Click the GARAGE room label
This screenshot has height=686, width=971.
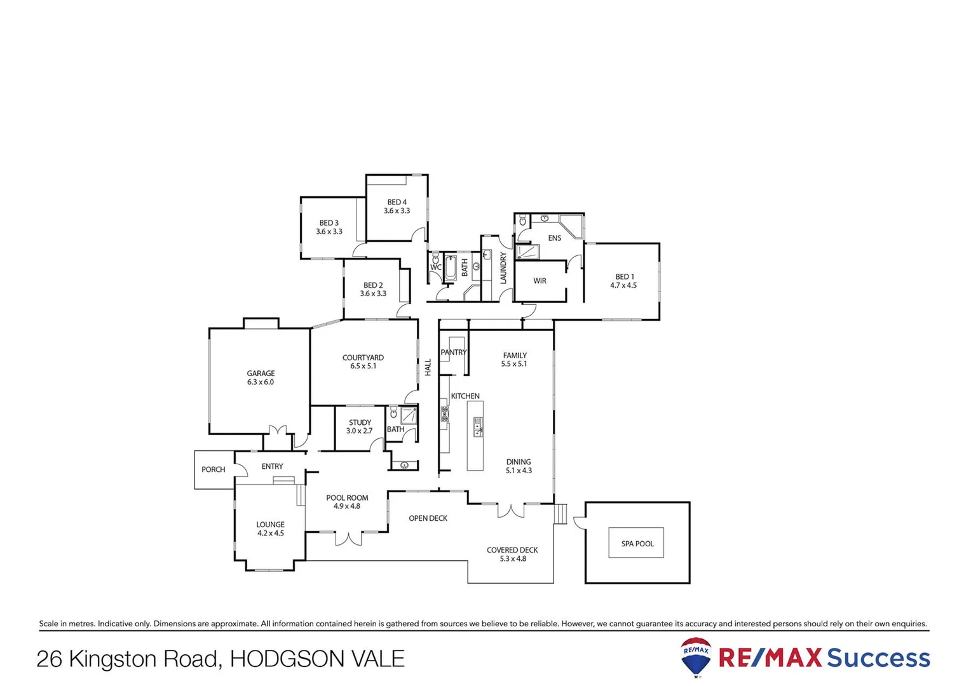(261, 373)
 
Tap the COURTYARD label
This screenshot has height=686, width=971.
(363, 358)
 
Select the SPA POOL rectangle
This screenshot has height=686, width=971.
(636, 543)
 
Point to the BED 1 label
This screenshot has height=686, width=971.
(624, 277)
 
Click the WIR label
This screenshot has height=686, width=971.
(540, 281)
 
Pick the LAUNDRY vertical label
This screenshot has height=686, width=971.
(503, 268)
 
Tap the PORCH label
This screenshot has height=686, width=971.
(214, 469)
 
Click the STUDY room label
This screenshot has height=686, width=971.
(360, 422)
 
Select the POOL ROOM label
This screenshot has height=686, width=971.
(347, 498)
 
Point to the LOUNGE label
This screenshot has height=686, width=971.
(270, 525)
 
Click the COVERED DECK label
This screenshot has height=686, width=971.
(512, 550)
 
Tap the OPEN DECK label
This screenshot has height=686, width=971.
(428, 518)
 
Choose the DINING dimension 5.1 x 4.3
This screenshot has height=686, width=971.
(519, 471)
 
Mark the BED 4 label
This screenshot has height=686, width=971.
(397, 203)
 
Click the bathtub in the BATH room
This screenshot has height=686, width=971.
(450, 268)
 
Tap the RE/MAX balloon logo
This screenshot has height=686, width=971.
(696, 657)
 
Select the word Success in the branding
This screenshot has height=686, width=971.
(878, 658)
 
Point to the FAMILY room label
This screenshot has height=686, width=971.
(515, 356)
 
